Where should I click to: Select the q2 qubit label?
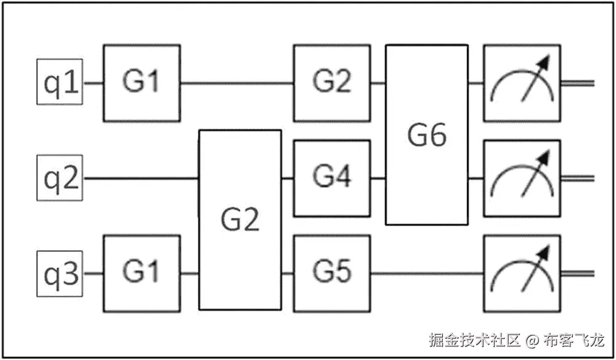(x=60, y=178)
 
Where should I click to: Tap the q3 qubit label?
(x=60, y=273)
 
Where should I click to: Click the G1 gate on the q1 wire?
(x=142, y=83)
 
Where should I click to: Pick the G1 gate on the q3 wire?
(x=142, y=273)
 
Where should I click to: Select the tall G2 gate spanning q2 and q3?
(x=240, y=219)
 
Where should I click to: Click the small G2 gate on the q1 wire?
(x=332, y=83)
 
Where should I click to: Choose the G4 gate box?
(x=332, y=178)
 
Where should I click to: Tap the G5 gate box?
(x=332, y=273)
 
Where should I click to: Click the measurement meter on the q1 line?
(x=522, y=83)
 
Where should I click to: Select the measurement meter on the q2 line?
(x=522, y=178)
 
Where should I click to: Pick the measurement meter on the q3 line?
(x=522, y=273)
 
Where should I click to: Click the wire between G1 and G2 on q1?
(x=237, y=83)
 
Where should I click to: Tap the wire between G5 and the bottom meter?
(x=427, y=273)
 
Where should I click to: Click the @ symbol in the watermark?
(x=532, y=340)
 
